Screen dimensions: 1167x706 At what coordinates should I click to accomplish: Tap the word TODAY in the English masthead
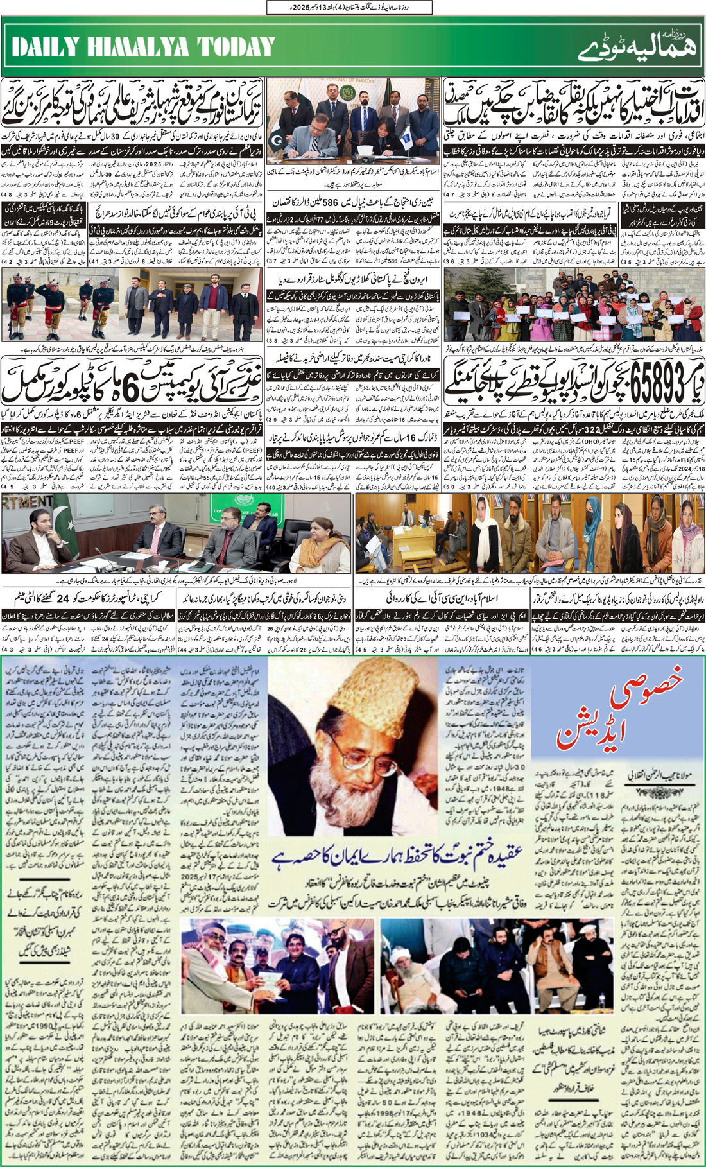click(235, 47)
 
